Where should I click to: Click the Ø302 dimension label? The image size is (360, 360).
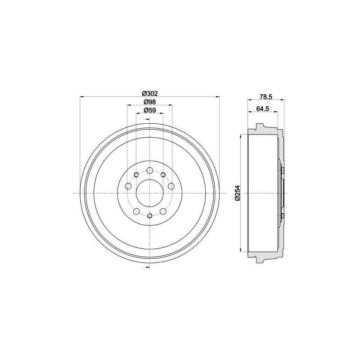pyautogui.click(x=150, y=94)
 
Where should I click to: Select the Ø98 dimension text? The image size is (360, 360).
pyautogui.click(x=150, y=102)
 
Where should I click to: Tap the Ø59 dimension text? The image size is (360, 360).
pyautogui.click(x=150, y=110)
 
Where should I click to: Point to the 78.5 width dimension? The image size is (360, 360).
pyautogui.click(x=266, y=97)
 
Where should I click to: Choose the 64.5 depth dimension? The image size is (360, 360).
pyautogui.click(x=263, y=108)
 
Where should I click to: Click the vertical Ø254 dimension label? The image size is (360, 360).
pyautogui.click(x=238, y=193)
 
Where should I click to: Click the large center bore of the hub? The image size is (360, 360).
pyautogui.click(x=150, y=193)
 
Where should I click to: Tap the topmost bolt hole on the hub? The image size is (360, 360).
pyautogui.click(x=150, y=171)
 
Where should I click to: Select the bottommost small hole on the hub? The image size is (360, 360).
pyautogui.click(x=150, y=216)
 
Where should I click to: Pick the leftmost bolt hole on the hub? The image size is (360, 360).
pyautogui.click(x=128, y=186)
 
